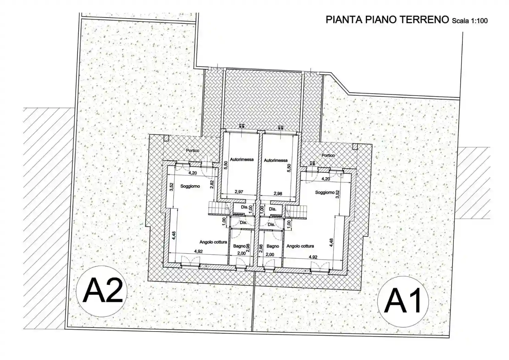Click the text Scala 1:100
(470, 21)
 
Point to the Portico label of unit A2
(193, 151)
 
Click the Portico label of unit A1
(328, 155)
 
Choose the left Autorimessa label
(242, 159)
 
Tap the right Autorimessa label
(276, 160)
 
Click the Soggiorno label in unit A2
(190, 187)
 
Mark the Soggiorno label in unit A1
(324, 193)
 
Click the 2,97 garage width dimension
(239, 192)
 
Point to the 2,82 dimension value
(212, 184)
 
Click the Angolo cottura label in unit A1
(300, 246)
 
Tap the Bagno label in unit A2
(239, 246)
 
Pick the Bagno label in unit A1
(273, 246)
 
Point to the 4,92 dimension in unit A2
(198, 251)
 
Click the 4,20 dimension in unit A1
(325, 179)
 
